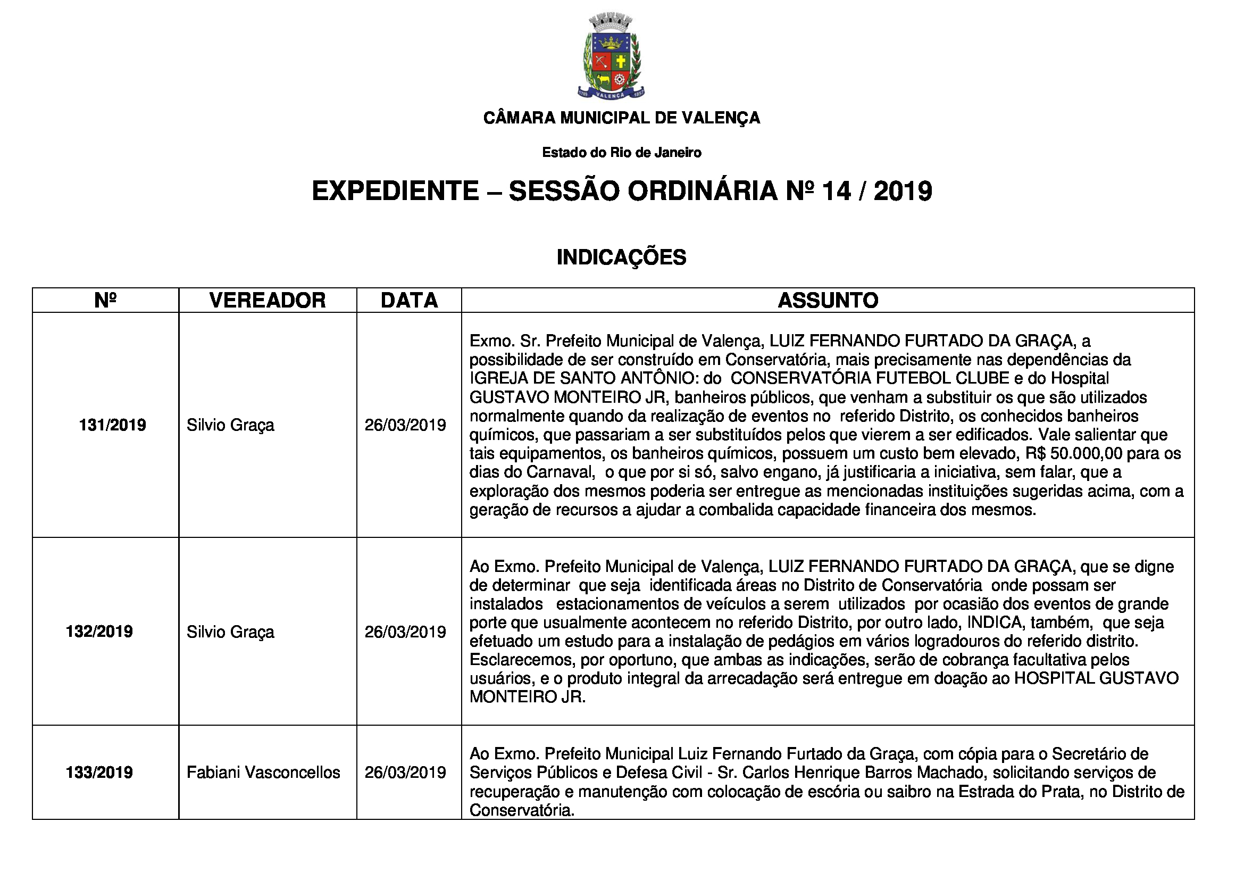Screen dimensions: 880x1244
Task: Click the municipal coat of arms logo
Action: [611, 57]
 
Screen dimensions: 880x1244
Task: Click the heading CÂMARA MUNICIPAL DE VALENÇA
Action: [621, 118]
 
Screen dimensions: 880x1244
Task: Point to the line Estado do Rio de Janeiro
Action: [621, 152]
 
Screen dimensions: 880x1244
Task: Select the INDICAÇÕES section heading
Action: [621, 257]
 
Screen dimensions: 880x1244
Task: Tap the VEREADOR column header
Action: [267, 300]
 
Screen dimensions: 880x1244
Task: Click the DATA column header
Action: [409, 300]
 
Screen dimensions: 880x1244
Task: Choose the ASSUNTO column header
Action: [828, 300]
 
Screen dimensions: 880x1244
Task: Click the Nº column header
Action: [105, 300]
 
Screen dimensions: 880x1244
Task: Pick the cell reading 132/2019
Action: [99, 632]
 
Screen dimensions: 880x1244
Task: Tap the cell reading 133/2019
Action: [99, 772]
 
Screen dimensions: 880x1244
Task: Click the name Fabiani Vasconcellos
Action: [263, 772]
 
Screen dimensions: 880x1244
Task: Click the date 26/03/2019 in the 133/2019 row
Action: [405, 772]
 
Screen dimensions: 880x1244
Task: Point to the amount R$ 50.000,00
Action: [1070, 453]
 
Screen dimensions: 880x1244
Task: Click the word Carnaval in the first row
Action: [560, 472]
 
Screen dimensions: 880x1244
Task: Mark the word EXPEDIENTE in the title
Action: [396, 191]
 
